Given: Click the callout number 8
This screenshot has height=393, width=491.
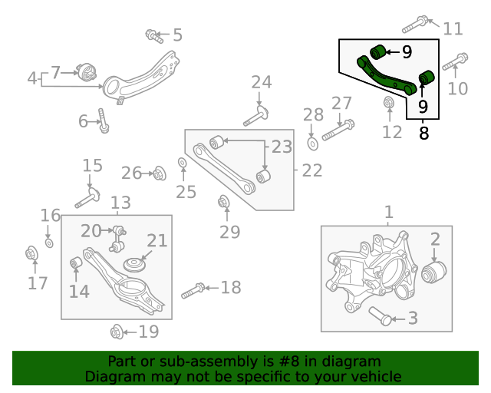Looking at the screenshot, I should [423, 133].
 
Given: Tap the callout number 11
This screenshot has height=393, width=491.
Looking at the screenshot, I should [453, 29].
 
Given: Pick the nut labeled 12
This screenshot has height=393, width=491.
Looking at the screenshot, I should [389, 102].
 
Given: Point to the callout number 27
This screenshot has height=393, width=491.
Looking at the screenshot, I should [341, 104].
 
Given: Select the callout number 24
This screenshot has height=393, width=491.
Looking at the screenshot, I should [261, 82].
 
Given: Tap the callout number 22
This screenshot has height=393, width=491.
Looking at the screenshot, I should [312, 170].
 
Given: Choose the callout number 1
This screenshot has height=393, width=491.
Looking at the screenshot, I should [388, 211].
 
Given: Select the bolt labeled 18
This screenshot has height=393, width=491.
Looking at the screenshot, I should [192, 291].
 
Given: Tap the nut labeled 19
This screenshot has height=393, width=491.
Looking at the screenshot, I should [117, 332].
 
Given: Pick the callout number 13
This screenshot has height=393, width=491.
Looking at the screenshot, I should [120, 203].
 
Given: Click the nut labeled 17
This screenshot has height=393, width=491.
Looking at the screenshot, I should [32, 253].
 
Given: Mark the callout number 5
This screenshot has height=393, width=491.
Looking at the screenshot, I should [177, 35].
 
